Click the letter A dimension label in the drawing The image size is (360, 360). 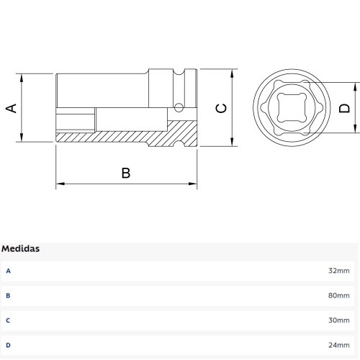coord(12,108)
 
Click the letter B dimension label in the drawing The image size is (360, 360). coord(125,173)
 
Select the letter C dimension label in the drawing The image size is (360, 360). coord(222,108)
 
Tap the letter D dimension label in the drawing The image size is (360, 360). coord(344,108)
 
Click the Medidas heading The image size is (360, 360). coord(21,248)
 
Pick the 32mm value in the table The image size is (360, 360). coord(338,271)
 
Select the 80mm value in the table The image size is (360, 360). coord(338,296)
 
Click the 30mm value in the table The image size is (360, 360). coord(338,320)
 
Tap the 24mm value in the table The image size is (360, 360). coord(338,345)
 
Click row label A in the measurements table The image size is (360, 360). coord(9,271)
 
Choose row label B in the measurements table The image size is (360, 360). coord(9,296)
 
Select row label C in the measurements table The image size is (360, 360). coord(9,320)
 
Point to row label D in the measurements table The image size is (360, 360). coord(9,345)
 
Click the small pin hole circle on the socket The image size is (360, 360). coord(177,108)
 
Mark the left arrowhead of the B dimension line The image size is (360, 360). coord(59,184)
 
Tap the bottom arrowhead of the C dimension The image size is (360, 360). coord(233,143)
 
